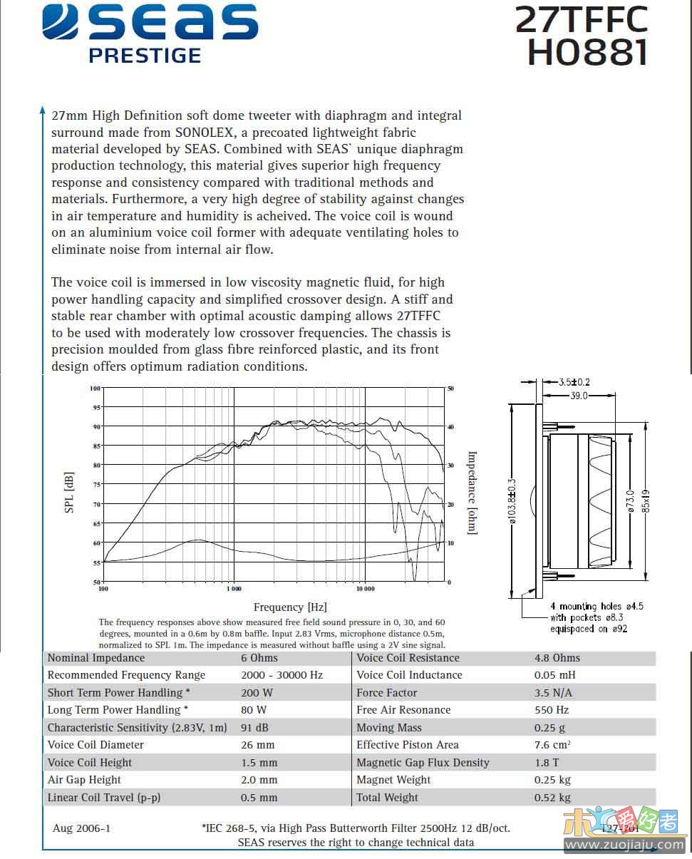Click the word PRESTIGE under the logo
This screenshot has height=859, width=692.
(145, 55)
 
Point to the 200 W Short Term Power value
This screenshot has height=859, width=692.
(257, 692)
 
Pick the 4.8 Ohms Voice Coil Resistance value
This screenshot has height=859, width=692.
(557, 657)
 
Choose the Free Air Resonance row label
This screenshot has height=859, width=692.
(403, 710)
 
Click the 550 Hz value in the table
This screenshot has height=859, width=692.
(552, 710)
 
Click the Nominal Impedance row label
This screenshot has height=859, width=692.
(95, 657)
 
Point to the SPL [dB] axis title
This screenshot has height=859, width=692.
(70, 493)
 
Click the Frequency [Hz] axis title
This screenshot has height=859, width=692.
(290, 607)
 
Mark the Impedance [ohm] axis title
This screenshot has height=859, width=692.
(472, 493)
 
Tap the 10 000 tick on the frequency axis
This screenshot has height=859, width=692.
(364, 589)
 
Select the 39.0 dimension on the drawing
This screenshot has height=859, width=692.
(576, 396)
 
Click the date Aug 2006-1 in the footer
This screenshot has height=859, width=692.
(81, 828)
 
